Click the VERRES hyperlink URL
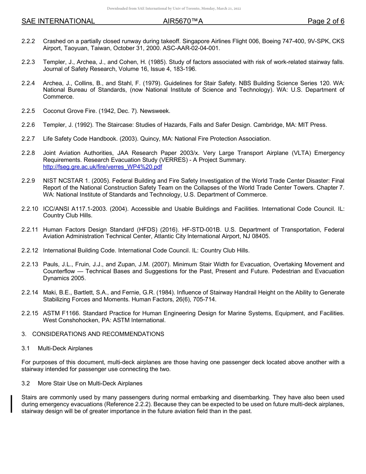tap(102, 167)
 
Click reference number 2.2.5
tap(28, 111)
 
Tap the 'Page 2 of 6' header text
tap(326, 21)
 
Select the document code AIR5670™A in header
tap(183, 21)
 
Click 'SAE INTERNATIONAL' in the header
tap(58, 21)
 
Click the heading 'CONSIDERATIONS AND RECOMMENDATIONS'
tap(98, 334)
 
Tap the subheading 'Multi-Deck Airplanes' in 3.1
tap(65, 348)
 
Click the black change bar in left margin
tap(12, 404)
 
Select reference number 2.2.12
tap(30, 250)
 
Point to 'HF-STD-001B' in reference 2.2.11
tap(203, 230)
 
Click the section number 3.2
tap(26, 383)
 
